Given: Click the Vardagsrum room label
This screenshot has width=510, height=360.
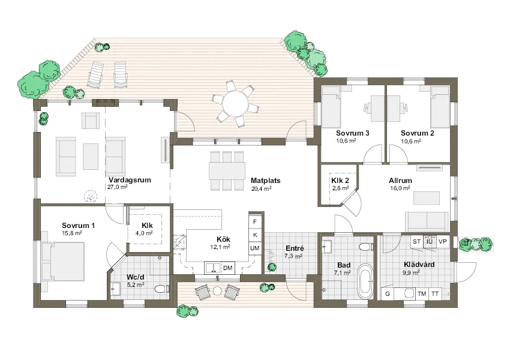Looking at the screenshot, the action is click(130, 180).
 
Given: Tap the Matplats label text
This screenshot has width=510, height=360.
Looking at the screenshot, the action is click(265, 181).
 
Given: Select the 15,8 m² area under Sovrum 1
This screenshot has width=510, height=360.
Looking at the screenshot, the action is click(72, 233).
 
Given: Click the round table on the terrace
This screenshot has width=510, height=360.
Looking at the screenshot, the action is click(235, 102).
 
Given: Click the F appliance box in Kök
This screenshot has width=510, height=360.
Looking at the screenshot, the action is click(255, 222).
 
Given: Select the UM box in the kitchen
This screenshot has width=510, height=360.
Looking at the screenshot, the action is click(255, 248).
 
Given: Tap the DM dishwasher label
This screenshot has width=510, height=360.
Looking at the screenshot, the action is click(228, 268).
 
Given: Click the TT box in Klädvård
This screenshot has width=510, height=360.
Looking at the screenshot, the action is click(435, 293).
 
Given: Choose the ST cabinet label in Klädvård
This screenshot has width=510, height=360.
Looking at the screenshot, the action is click(416, 242).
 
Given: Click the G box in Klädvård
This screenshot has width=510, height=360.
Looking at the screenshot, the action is click(388, 293).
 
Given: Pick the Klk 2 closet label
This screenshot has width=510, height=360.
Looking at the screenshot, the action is click(340, 181).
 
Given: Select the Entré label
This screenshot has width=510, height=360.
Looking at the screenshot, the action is click(295, 248).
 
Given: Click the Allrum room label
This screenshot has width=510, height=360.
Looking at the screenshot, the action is click(400, 181).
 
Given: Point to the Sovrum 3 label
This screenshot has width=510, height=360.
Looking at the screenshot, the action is click(353, 133).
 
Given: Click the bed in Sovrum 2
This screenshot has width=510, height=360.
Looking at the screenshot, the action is click(440, 107).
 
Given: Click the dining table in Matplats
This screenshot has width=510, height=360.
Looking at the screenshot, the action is click(227, 170).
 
